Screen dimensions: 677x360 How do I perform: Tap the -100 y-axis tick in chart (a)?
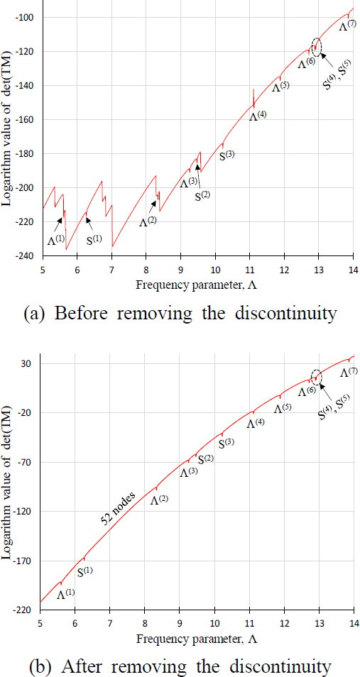coord(29,18)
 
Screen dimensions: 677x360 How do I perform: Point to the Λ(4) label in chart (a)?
coord(258,115)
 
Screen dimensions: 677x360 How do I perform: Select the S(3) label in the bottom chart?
coord(227,443)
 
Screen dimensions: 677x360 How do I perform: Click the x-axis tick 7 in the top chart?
coord(111,270)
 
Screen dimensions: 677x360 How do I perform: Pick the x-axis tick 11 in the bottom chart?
coord(249,622)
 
